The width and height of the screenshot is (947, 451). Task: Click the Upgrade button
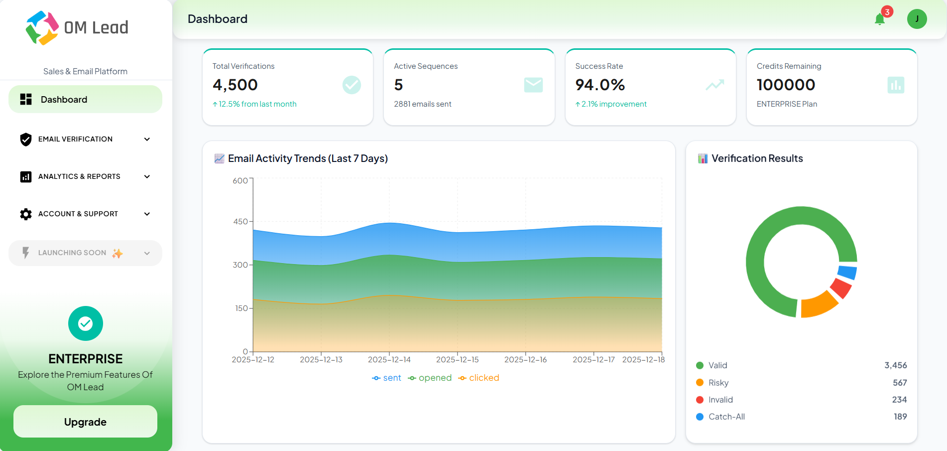pos(85,422)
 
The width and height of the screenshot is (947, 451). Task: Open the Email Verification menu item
pos(75,139)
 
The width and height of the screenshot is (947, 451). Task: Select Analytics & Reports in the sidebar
pos(79,176)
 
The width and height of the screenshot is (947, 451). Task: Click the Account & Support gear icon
pos(26,214)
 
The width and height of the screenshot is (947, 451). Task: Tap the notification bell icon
pos(879,19)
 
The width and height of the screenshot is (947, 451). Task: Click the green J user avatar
pos(917,19)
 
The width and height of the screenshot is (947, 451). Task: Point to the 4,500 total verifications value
pos(235,85)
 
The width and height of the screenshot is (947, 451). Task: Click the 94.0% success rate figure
pos(600,85)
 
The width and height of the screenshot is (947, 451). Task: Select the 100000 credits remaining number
pos(786,85)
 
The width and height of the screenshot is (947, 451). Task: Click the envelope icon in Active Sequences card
pos(533,85)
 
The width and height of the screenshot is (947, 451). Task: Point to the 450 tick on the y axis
pos(241,221)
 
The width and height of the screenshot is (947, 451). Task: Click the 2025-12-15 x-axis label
pos(457,359)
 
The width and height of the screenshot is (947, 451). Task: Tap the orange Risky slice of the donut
pos(817,304)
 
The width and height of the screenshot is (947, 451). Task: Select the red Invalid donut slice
pos(841,288)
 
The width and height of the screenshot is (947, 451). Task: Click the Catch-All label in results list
pos(726,417)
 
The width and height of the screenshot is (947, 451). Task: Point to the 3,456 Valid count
pos(895,365)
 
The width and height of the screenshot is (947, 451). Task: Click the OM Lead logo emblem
pos(42,28)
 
